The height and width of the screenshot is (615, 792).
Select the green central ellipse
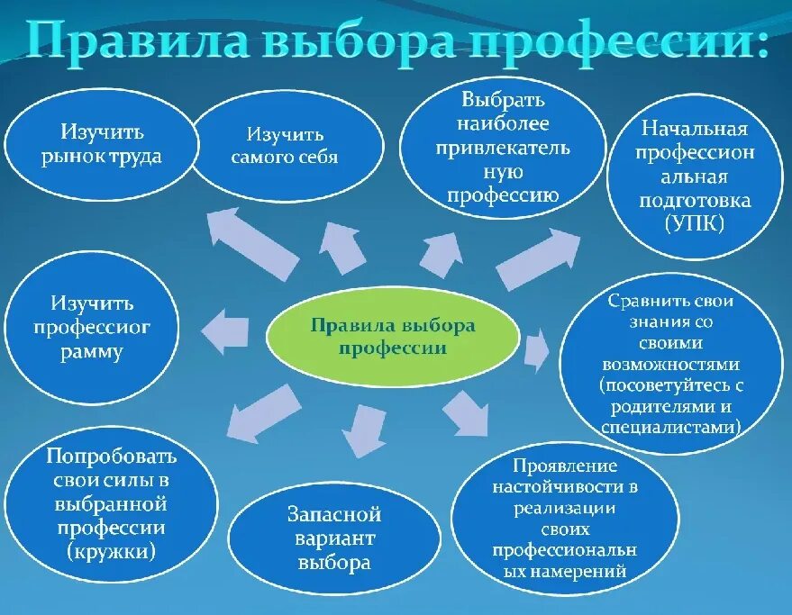tap(393, 336)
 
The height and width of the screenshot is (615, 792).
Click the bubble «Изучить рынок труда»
tap(102, 144)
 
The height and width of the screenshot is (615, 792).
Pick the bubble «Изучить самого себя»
tap(284, 146)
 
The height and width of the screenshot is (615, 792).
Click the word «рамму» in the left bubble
tap(93, 352)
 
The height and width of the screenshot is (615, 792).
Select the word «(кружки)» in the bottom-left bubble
tap(111, 550)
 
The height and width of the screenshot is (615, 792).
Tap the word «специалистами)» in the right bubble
tap(669, 427)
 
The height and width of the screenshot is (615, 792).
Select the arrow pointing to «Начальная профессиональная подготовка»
tap(539, 258)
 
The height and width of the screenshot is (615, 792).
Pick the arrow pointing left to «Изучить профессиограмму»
tap(224, 330)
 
